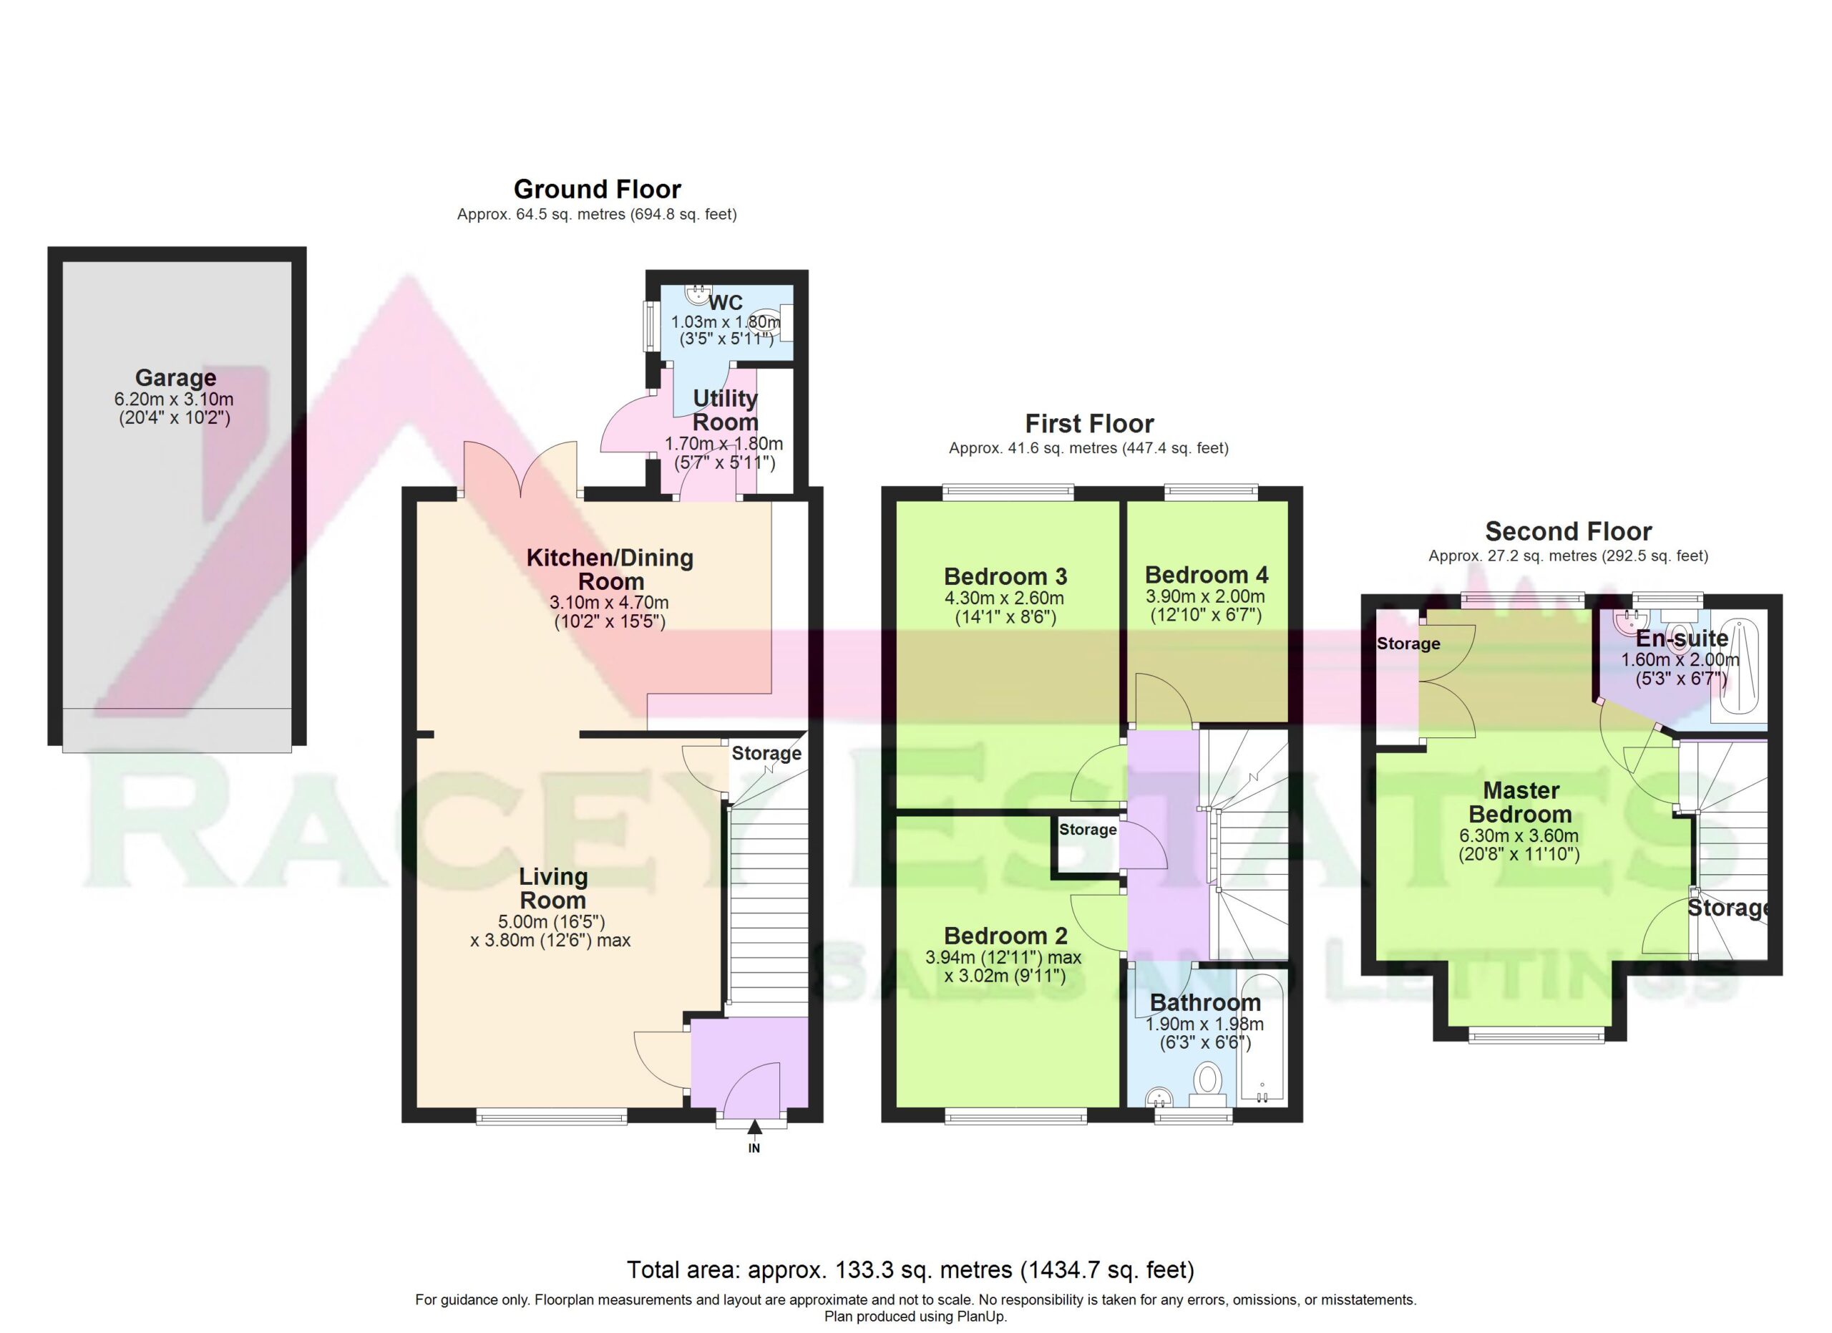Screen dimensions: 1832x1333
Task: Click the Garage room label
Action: tap(175, 378)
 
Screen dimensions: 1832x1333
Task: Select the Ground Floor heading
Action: tap(597, 189)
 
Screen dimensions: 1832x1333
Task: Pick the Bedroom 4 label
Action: tap(1207, 574)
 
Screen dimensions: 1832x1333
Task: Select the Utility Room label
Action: tap(726, 409)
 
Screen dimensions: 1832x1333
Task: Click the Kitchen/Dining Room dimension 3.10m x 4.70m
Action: tap(609, 603)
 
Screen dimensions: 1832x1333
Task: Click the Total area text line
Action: tap(910, 1270)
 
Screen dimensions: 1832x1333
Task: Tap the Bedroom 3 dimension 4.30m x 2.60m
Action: tap(1004, 598)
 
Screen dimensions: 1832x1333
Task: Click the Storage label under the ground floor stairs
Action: tap(766, 753)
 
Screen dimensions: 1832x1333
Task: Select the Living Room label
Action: tap(553, 888)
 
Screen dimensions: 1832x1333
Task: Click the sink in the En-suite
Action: tap(1626, 622)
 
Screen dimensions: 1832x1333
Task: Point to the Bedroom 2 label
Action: tap(1005, 936)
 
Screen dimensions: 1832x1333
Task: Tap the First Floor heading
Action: tap(1089, 423)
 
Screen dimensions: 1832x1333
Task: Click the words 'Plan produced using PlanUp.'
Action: tap(915, 1317)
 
